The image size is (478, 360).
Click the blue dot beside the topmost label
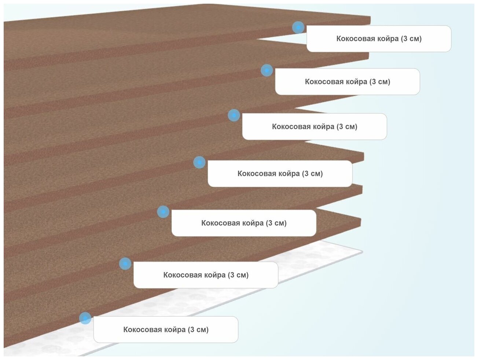(298, 27)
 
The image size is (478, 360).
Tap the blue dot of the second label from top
(266, 70)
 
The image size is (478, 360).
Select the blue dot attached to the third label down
(234, 115)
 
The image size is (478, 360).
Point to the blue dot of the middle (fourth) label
(199, 162)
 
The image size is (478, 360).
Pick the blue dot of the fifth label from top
(163, 212)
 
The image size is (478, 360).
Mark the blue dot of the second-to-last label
(125, 264)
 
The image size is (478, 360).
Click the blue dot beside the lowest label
(85, 318)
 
